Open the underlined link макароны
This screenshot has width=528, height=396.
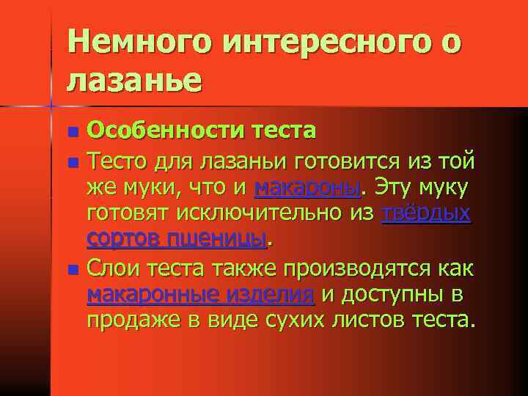click(x=308, y=189)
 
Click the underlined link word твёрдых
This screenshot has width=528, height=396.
click(x=427, y=214)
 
